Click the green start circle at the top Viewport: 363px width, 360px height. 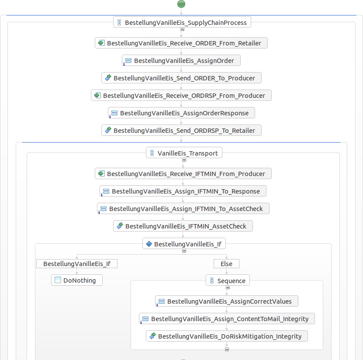181,3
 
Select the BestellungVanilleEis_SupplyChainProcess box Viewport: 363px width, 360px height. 182,22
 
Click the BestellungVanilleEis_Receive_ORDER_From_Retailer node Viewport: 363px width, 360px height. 181,43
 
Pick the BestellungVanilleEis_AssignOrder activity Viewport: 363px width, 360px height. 181,60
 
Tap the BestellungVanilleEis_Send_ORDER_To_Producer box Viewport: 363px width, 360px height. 181,78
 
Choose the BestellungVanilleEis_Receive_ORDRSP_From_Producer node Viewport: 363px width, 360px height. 181,95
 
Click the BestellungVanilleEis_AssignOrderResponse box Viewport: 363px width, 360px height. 181,113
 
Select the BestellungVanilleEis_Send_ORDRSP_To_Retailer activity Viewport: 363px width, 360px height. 181,130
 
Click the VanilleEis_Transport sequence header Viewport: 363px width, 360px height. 184,153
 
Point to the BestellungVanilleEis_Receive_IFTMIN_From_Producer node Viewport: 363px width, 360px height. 183,173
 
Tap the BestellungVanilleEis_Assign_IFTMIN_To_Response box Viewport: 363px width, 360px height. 183,191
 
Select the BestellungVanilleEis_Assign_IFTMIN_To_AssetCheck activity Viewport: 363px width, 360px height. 183,208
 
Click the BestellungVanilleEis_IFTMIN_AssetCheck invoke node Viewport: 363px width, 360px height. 183,226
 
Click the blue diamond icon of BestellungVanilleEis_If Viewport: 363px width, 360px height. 149,243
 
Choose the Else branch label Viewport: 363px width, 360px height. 226,264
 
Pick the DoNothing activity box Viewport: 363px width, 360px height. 76,280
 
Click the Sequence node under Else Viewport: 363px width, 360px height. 228,280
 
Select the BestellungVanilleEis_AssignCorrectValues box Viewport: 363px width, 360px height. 227,301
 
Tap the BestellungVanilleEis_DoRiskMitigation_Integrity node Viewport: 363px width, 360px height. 227,336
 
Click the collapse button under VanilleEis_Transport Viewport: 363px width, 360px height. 184,160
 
